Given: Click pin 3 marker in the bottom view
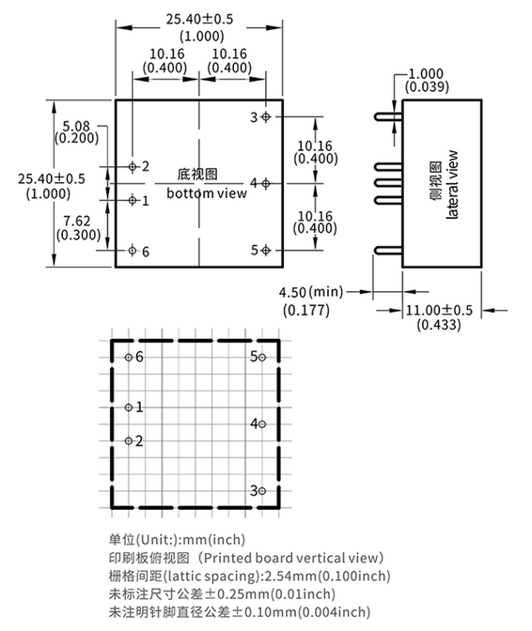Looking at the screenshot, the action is (x=265, y=116).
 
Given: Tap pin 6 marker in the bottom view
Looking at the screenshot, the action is (x=133, y=251).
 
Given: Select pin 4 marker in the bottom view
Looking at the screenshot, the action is (x=265, y=183).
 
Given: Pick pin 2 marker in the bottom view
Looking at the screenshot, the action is (x=133, y=166).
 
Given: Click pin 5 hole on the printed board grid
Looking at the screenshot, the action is (x=262, y=358).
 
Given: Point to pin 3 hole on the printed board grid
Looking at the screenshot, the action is (x=262, y=491).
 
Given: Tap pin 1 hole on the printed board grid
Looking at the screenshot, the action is (x=129, y=408).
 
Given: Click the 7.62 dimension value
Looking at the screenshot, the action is (x=77, y=221).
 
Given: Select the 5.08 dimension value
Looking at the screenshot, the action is (x=76, y=126).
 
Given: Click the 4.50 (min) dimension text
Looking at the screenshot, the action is (x=311, y=292).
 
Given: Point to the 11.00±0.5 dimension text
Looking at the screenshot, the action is (x=439, y=310).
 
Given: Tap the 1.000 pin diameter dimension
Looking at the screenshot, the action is (x=426, y=73).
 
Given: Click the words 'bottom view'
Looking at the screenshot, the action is (x=207, y=193).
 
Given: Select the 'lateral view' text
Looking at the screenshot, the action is (x=452, y=185).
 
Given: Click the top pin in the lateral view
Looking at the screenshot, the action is (x=388, y=116).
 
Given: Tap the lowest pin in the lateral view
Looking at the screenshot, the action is (x=388, y=251).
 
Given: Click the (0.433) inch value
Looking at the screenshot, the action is (x=439, y=324).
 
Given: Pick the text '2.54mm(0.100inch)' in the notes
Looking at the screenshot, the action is (x=326, y=576).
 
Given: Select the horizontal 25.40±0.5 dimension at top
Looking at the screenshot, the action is (x=199, y=19).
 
